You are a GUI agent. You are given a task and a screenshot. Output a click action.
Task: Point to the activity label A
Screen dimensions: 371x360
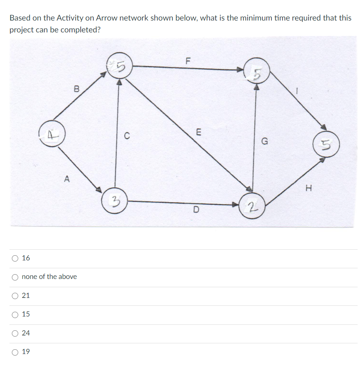[x=66, y=179]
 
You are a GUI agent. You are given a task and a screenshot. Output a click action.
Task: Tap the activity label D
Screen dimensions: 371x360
[x=196, y=209]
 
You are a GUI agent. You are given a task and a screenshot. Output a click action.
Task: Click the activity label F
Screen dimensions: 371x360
[x=188, y=61]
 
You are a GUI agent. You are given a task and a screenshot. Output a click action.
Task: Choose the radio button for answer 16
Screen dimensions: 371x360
[x=15, y=258]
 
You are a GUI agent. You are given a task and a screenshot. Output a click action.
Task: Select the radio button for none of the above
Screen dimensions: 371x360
[x=15, y=277]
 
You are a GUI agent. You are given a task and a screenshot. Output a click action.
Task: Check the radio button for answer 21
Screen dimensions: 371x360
[x=15, y=296]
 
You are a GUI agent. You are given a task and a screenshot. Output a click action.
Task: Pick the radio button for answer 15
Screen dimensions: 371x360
[x=15, y=315]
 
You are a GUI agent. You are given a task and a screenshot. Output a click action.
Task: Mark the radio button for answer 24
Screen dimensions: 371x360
[x=15, y=333]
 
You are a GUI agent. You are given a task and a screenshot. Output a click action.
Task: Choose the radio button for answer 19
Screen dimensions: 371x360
[x=15, y=352]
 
